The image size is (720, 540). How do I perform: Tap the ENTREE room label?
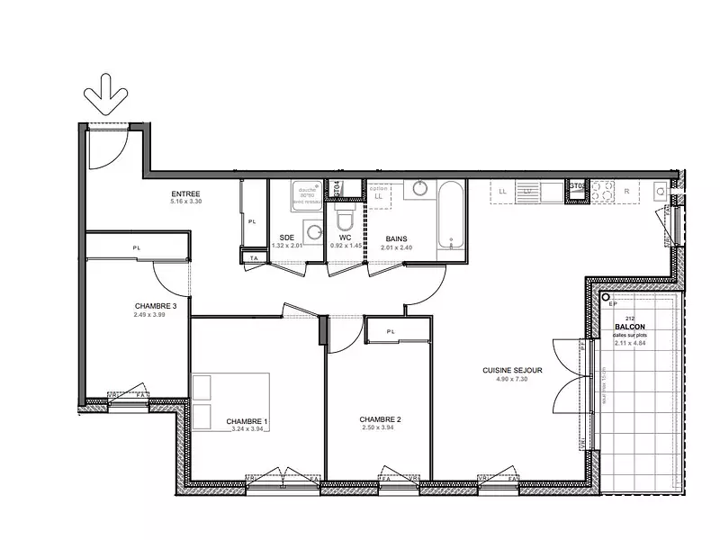[x=185, y=194]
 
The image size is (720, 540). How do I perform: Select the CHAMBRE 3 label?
[x=155, y=306]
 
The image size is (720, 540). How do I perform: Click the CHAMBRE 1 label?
[x=247, y=421]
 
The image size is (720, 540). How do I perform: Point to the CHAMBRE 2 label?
[x=380, y=419]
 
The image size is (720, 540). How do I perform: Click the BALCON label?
[x=629, y=327]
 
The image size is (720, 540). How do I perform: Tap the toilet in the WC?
[x=343, y=221]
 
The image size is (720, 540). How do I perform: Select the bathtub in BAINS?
[x=450, y=216]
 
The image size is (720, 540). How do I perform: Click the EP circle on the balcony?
[x=607, y=297]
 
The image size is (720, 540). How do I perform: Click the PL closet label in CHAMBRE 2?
[x=391, y=331]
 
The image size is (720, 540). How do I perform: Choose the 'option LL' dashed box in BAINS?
[x=378, y=193]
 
